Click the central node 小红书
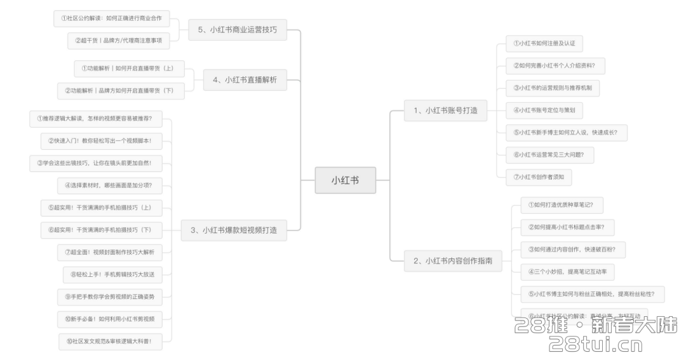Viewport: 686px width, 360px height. [x=345, y=180]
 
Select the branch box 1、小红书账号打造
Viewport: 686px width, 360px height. [x=445, y=110]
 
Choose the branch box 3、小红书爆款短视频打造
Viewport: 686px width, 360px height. [x=234, y=230]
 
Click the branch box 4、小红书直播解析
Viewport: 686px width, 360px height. [x=245, y=79]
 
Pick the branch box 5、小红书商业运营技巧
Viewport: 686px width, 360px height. [x=238, y=29]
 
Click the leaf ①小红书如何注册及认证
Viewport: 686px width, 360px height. [x=544, y=44]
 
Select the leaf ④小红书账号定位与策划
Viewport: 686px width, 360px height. [x=544, y=110]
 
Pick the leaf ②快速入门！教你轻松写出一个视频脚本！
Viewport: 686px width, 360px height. [x=100, y=140]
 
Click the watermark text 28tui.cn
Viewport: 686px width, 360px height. [x=595, y=345]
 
